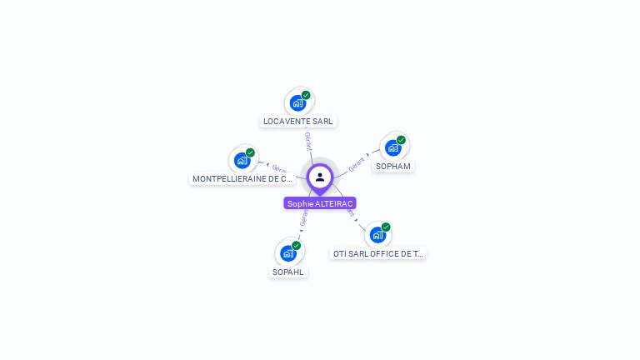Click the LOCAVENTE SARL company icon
[297, 103]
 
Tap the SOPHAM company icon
[392, 148]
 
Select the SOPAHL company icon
[288, 253]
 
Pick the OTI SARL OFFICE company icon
[377, 235]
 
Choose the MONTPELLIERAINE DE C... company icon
[242, 160]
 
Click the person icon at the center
[320, 177]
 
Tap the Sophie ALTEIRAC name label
[320, 203]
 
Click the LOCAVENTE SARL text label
[297, 122]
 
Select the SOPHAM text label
[393, 167]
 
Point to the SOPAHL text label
[288, 272]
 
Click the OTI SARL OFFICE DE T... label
[377, 253]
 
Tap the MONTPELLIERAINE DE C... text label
[242, 178]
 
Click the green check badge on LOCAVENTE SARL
[306, 95]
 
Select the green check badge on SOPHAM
[401, 140]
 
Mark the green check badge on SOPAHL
[296, 245]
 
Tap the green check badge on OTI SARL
[386, 227]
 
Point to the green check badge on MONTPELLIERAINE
[250, 152]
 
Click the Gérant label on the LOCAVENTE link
[308, 141]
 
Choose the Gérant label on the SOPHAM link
[357, 164]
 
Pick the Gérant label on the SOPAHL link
[303, 218]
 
